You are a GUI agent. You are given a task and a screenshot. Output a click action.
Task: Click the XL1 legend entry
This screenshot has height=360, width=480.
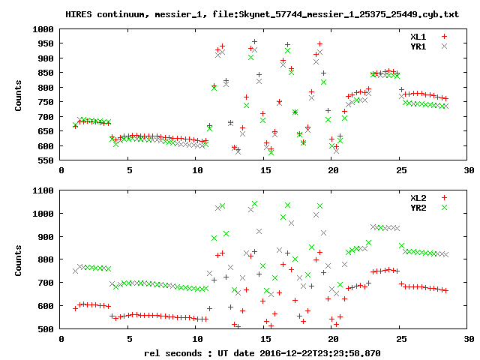(x=418, y=36)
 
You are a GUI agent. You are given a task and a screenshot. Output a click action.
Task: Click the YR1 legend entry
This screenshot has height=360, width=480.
(x=418, y=46)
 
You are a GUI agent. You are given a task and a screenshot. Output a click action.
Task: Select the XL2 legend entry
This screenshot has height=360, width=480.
(x=418, y=197)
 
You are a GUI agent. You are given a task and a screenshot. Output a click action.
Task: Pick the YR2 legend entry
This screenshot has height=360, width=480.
(x=418, y=207)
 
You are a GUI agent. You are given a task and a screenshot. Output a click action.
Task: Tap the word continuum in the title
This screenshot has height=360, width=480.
(x=124, y=13)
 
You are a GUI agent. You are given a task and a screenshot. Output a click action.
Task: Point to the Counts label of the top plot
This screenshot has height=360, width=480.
(x=18, y=94)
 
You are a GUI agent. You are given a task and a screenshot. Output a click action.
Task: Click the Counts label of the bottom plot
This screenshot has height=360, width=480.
(x=18, y=259)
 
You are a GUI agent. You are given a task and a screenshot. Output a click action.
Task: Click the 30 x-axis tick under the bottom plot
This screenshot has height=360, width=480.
(x=468, y=339)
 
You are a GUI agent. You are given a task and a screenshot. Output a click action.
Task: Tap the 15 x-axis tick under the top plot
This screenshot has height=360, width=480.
(x=265, y=171)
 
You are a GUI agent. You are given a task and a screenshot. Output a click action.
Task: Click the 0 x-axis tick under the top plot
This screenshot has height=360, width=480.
(x=61, y=171)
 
